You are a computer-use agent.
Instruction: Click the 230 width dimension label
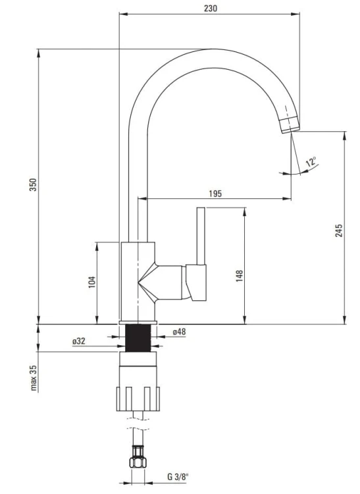pos(210,9)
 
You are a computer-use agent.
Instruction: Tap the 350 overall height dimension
pos(34,184)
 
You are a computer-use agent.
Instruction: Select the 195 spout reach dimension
pos(215,194)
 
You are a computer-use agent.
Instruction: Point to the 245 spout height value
pos(338,231)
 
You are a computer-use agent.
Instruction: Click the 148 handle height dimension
pos(240,276)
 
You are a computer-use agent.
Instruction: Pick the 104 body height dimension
pos(91,283)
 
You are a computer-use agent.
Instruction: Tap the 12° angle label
pos(311,161)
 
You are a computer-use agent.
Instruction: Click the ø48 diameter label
pos(179,332)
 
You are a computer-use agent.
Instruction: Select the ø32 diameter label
pos(79,341)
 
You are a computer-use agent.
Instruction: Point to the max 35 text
pos(34,378)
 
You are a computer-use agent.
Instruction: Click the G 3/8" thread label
pos(177,477)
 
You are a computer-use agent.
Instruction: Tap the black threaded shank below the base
pos(138,338)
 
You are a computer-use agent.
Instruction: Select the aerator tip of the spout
pos(290,124)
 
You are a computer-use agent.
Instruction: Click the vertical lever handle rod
pos(201,236)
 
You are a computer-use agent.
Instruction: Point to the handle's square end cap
pos(196,283)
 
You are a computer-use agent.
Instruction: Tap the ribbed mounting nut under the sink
pos(138,399)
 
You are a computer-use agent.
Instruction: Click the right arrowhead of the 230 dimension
pos(296,14)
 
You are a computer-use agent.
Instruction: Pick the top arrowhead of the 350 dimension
pos(39,53)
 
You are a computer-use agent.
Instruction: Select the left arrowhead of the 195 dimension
pos(143,198)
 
